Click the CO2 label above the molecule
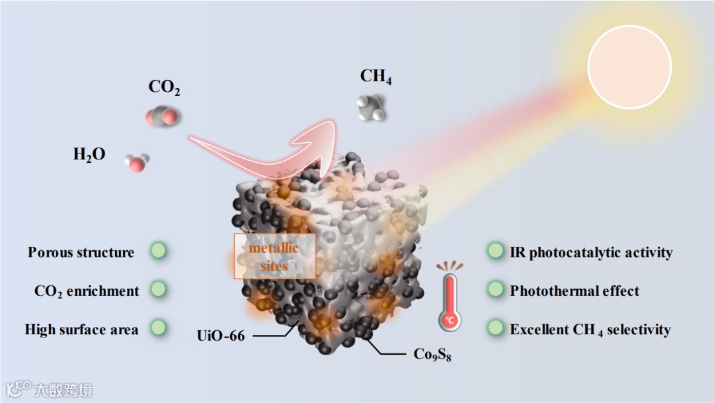(x=164, y=87)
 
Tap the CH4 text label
(x=376, y=77)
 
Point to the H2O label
(x=89, y=156)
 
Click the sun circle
(x=629, y=66)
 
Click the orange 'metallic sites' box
(x=274, y=257)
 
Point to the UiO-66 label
(x=220, y=336)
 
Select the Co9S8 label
(x=432, y=355)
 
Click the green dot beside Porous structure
(x=158, y=251)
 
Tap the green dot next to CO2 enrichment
(x=158, y=289)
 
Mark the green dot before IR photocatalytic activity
(x=495, y=251)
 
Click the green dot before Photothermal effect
(x=495, y=289)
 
